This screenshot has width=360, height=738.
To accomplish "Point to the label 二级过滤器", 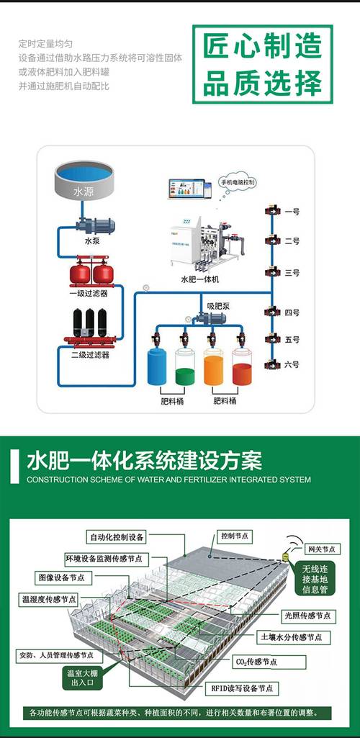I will click(x=91, y=354).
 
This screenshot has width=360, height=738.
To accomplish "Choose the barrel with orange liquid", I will click(x=214, y=367).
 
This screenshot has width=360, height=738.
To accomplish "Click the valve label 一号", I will click(x=292, y=212).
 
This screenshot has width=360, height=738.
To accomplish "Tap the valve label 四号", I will click(x=292, y=312).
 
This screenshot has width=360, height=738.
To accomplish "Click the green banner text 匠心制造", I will click(x=261, y=47).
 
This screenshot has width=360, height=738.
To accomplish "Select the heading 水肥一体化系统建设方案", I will click(x=144, y=459).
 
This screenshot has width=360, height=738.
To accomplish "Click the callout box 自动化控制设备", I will click(x=117, y=537).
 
